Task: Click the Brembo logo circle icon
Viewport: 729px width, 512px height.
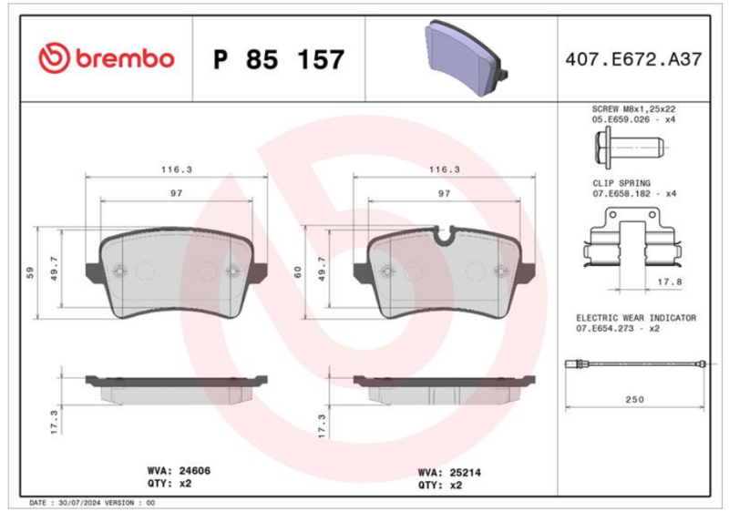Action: (x=54, y=58)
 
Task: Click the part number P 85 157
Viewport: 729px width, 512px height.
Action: (x=279, y=59)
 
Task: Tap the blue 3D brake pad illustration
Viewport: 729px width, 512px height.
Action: (x=465, y=57)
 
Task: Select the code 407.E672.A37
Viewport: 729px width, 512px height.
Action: (x=633, y=59)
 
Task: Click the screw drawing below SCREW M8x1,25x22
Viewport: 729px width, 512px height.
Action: (x=629, y=148)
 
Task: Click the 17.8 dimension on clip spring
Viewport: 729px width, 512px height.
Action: (x=670, y=282)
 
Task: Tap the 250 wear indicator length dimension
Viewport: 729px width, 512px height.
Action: (x=634, y=399)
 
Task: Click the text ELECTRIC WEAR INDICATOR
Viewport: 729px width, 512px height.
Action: (x=636, y=318)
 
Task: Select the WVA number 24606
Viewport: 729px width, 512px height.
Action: (x=195, y=471)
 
